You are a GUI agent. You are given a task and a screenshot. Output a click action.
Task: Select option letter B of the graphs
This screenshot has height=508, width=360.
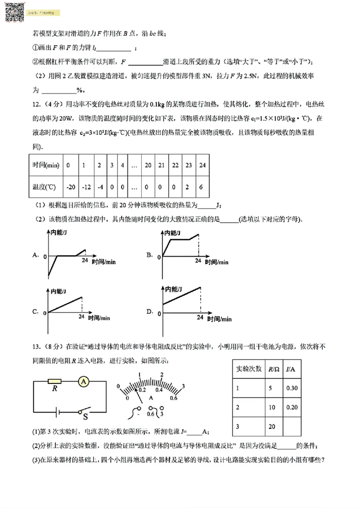click(150, 255)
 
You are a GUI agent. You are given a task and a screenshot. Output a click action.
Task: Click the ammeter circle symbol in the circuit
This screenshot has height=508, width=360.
click(83, 382)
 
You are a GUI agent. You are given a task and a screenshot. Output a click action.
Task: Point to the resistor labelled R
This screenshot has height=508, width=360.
click(54, 382)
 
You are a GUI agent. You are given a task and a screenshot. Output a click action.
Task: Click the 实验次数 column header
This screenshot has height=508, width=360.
click(249, 369)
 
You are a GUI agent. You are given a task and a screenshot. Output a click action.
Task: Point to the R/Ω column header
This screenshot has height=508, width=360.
click(273, 369)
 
